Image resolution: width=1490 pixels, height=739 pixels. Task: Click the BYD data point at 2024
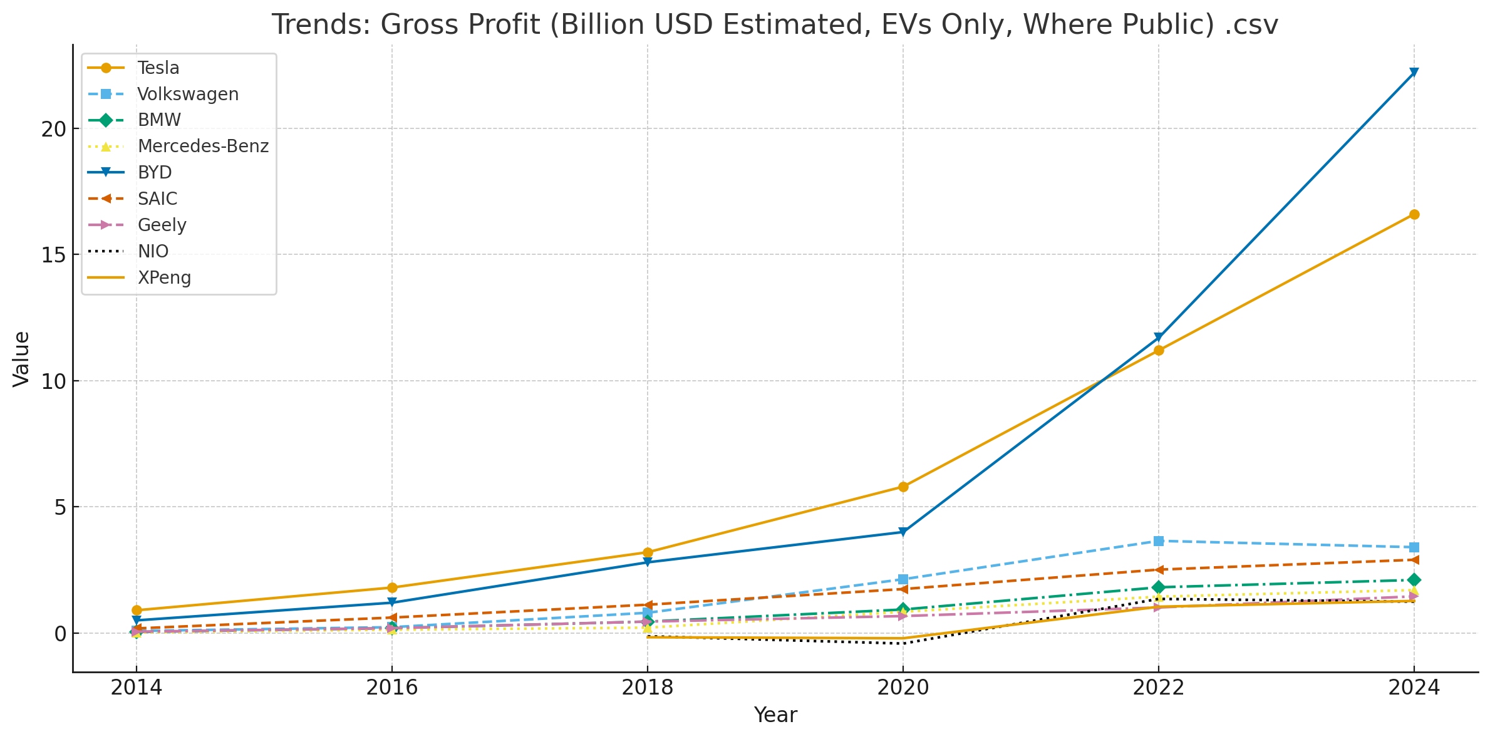click(1414, 73)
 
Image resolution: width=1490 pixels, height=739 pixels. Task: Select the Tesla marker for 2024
click(1414, 215)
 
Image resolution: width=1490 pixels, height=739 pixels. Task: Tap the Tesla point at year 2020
click(903, 487)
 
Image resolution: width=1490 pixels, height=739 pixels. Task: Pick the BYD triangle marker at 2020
click(903, 532)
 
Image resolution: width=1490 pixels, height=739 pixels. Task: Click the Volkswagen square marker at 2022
click(1159, 541)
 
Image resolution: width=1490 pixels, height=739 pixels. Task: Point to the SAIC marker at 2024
click(1414, 560)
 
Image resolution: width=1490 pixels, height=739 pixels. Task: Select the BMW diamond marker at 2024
click(1414, 580)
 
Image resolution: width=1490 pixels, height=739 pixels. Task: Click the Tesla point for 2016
click(392, 587)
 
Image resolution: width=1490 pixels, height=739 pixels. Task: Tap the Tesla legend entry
click(158, 68)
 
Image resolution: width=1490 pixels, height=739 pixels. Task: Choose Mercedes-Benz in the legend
click(202, 147)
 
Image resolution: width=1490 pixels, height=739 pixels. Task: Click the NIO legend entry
click(153, 252)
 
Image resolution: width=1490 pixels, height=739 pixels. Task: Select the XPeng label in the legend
click(164, 278)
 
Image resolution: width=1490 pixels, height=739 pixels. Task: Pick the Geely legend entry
click(162, 225)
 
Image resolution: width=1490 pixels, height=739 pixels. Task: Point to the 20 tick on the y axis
click(54, 129)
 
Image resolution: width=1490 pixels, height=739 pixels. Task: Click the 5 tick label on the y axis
click(60, 507)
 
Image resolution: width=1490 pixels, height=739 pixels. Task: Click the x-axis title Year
click(775, 715)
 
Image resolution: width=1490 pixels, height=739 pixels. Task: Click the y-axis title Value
click(21, 359)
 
